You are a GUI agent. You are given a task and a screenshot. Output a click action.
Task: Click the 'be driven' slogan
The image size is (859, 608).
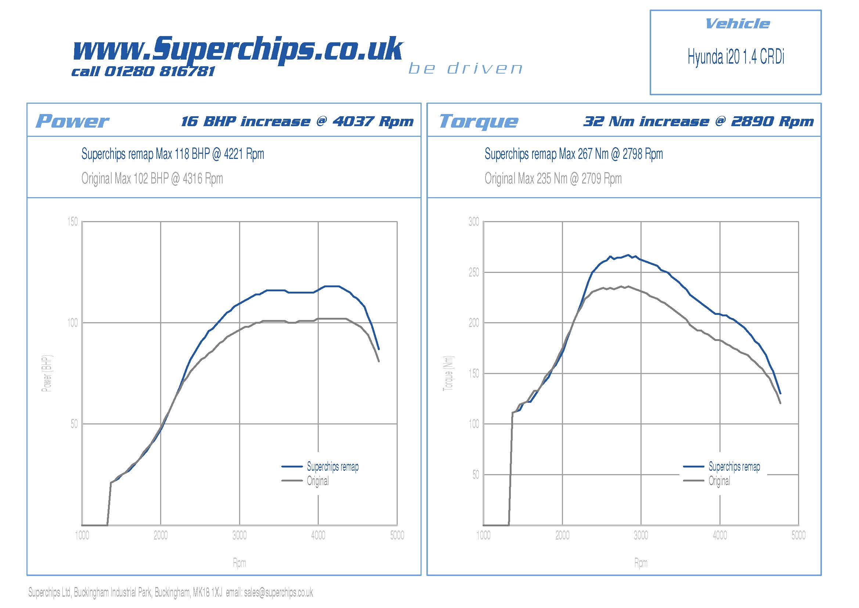pyautogui.click(x=465, y=68)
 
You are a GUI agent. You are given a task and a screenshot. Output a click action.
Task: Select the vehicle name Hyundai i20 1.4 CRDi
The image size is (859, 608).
pyautogui.click(x=736, y=57)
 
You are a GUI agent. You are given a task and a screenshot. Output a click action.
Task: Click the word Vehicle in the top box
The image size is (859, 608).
pyautogui.click(x=737, y=24)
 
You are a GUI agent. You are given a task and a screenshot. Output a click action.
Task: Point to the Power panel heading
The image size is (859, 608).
pyautogui.click(x=72, y=121)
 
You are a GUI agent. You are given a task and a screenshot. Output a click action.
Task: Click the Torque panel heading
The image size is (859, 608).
pyautogui.click(x=479, y=121)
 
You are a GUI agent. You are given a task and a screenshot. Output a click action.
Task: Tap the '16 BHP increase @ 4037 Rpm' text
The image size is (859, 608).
pyautogui.click(x=297, y=121)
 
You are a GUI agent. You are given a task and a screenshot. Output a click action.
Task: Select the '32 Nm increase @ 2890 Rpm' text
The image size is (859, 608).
pyautogui.click(x=699, y=121)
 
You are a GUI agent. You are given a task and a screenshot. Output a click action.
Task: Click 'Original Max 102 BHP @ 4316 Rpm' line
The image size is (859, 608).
pyautogui.click(x=152, y=179)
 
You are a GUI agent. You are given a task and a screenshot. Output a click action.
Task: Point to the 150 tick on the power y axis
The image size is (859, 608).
pyautogui.click(x=73, y=222)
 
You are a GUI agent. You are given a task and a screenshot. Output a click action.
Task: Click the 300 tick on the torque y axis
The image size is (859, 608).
pyautogui.click(x=474, y=222)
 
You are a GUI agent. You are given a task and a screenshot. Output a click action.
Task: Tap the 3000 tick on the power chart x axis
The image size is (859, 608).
pyautogui.click(x=239, y=535)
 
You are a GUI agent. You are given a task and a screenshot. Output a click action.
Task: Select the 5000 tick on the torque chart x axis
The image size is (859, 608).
pyautogui.click(x=798, y=535)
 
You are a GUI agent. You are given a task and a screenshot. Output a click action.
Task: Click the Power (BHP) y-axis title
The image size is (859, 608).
pyautogui.click(x=47, y=373)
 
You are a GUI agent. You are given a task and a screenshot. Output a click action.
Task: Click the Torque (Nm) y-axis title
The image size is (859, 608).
pyautogui.click(x=448, y=373)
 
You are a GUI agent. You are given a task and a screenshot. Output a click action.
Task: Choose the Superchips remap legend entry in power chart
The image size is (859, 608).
pyautogui.click(x=332, y=467)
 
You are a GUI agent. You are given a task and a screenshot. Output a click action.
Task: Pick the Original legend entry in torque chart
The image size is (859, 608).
pyautogui.click(x=719, y=481)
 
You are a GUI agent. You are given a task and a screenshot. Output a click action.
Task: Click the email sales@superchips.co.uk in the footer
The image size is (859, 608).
pyautogui.click(x=278, y=592)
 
